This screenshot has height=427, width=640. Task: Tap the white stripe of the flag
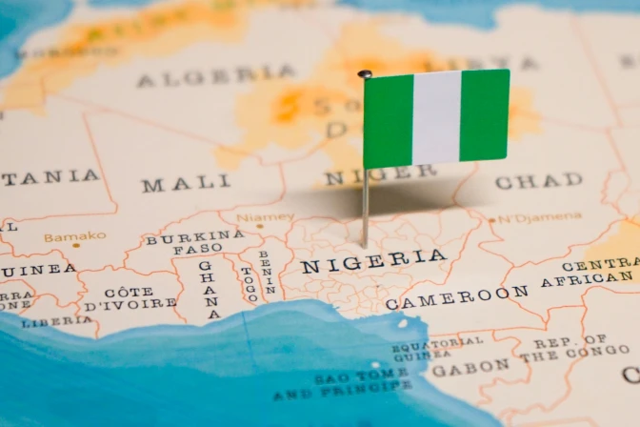pyautogui.click(x=436, y=118)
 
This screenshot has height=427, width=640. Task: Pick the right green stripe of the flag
pyautogui.click(x=485, y=114)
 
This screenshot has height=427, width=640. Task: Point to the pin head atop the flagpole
pyautogui.click(x=365, y=73)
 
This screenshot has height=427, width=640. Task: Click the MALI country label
pyautogui.click(x=186, y=183)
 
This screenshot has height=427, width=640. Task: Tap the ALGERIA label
pyautogui.click(x=215, y=76)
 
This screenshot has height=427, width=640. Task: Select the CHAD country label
pyautogui.click(x=539, y=180)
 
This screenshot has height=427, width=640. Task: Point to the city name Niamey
pyautogui.click(x=265, y=216)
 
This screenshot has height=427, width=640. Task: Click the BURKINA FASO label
pyautogui.click(x=194, y=241)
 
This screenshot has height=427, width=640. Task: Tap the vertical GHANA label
pyautogui.click(x=209, y=288)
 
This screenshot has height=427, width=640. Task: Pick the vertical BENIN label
pyautogui.click(x=270, y=273)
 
